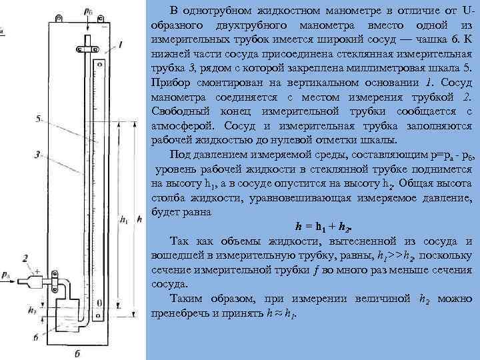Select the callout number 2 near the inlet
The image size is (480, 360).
point(25,257)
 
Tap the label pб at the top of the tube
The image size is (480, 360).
point(89,11)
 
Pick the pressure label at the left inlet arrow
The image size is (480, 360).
point(6,275)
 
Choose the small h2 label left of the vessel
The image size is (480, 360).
point(33,311)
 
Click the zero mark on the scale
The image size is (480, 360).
point(99,303)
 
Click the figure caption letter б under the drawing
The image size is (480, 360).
point(78,353)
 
